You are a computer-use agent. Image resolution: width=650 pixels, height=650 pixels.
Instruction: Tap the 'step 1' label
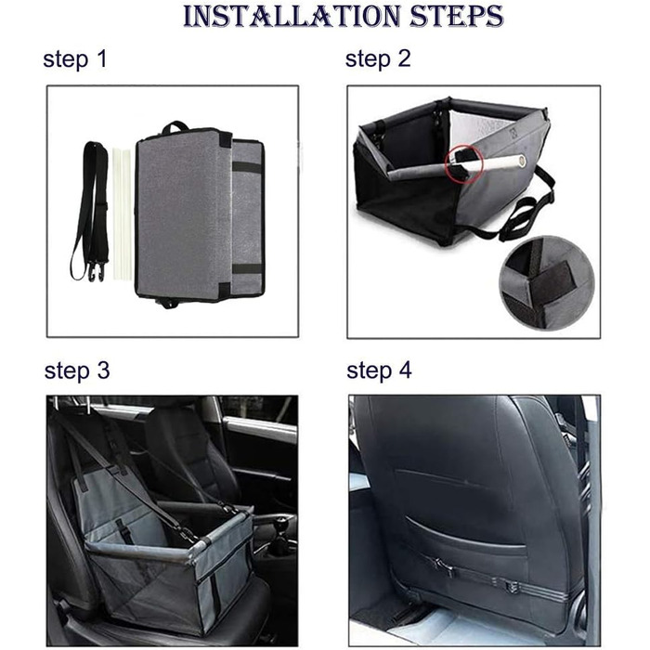pyautogui.click(x=75, y=58)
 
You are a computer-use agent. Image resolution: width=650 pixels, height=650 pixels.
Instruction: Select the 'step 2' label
pyautogui.click(x=378, y=58)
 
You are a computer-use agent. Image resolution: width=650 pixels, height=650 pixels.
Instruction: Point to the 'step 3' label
pyautogui.click(x=77, y=370)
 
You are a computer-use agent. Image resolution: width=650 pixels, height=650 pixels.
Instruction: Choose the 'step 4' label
pyautogui.click(x=379, y=370)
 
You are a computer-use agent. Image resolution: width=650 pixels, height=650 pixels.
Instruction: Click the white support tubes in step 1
pyautogui.click(x=122, y=213)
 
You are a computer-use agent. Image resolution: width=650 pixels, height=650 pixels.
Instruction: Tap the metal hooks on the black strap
pyautogui.click(x=96, y=271)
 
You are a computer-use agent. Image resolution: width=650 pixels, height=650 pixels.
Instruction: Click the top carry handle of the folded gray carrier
pyautogui.click(x=175, y=126)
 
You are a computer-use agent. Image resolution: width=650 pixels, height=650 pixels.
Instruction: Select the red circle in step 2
pyautogui.click(x=464, y=164)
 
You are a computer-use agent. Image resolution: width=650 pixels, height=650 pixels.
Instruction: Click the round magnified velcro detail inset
pyautogui.click(x=546, y=282)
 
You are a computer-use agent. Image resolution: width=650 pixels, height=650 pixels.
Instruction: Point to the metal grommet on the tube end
pyautogui.click(x=522, y=161)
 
